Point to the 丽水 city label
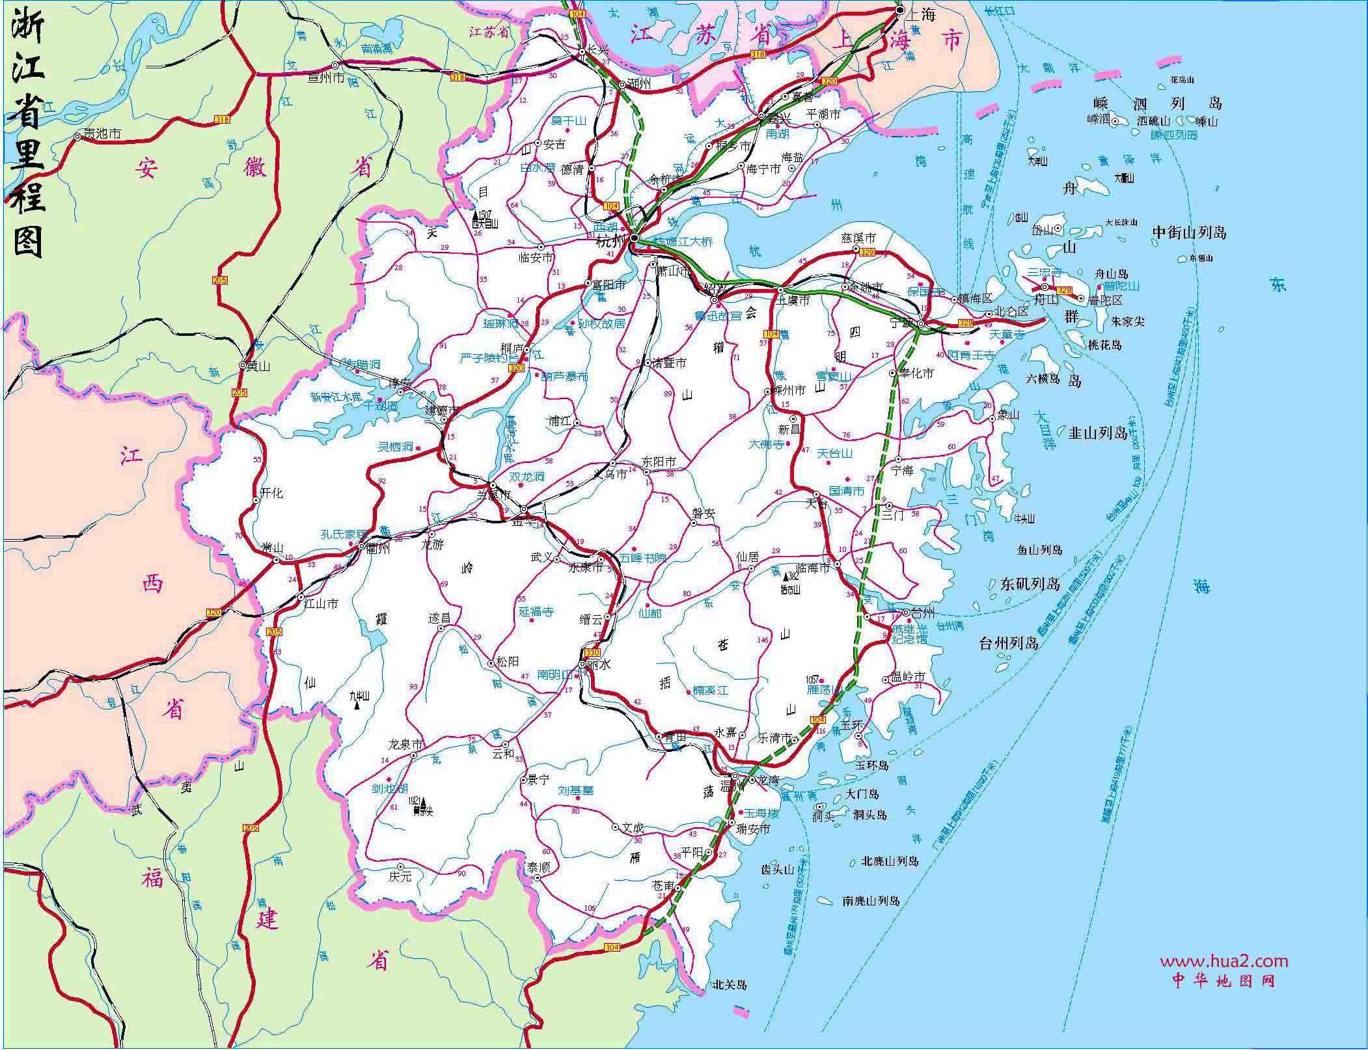click(x=599, y=665)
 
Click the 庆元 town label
click(x=401, y=876)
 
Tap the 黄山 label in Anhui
click(x=258, y=366)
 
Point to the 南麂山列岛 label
click(x=871, y=901)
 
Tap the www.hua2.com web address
click(x=1224, y=961)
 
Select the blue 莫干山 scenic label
click(x=569, y=120)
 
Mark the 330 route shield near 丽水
click(x=592, y=652)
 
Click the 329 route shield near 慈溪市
click(x=867, y=251)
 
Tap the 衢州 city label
click(x=377, y=548)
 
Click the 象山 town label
click(x=1006, y=415)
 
